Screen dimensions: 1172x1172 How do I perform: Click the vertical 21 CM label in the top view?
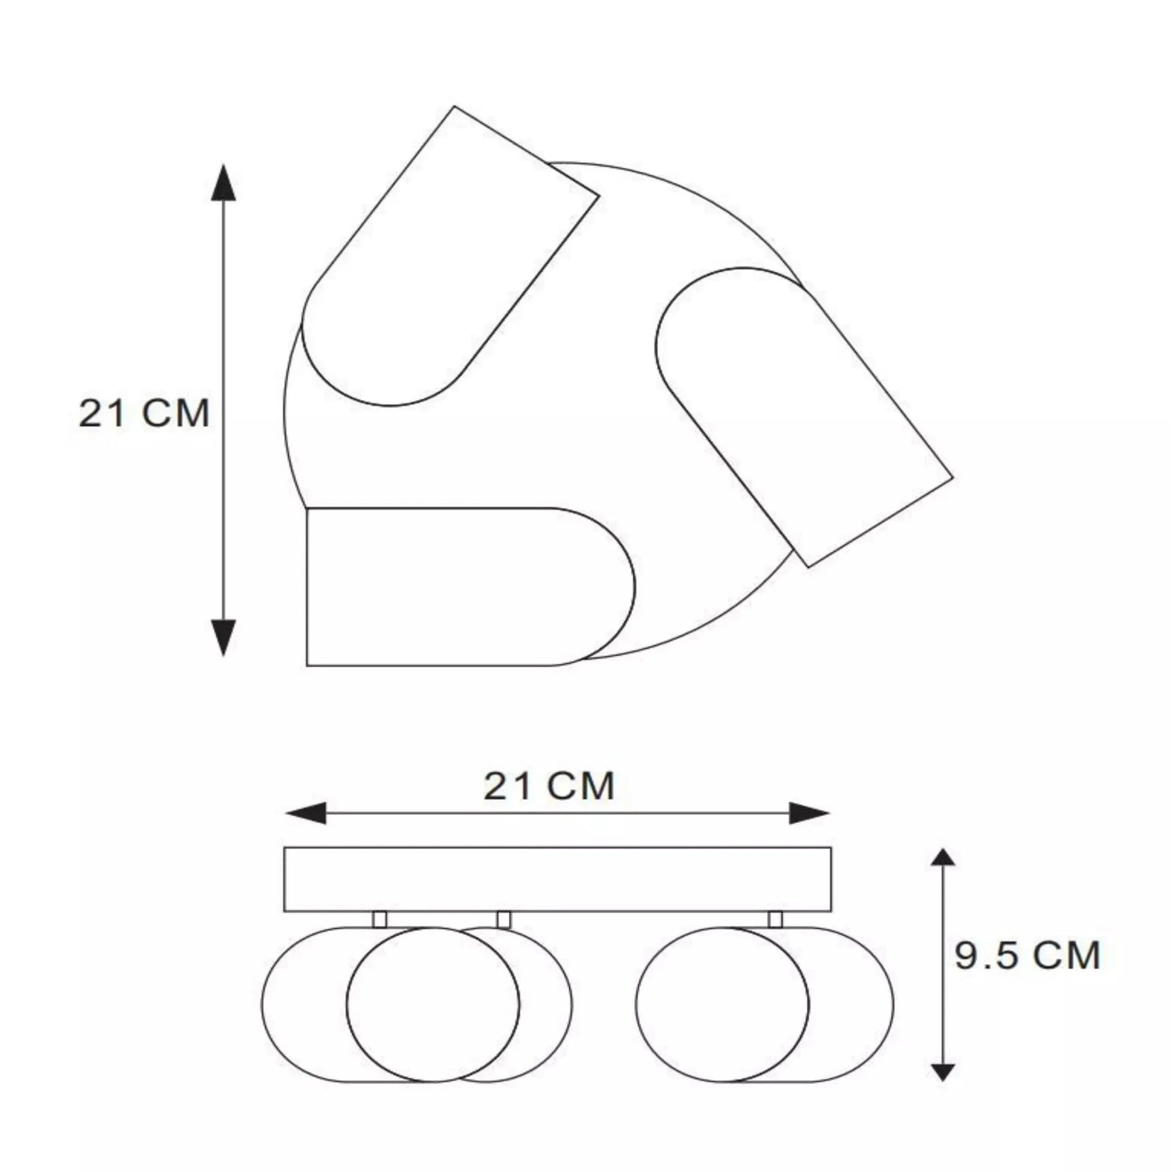145,413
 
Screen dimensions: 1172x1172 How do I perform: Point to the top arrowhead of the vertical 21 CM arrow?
223,182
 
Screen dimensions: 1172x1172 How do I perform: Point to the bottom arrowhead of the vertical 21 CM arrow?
223,638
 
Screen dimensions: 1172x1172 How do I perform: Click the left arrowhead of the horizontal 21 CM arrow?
305,813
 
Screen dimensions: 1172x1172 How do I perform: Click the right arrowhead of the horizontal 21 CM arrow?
809,813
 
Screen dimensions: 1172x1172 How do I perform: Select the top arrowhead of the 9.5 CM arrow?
942,857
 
